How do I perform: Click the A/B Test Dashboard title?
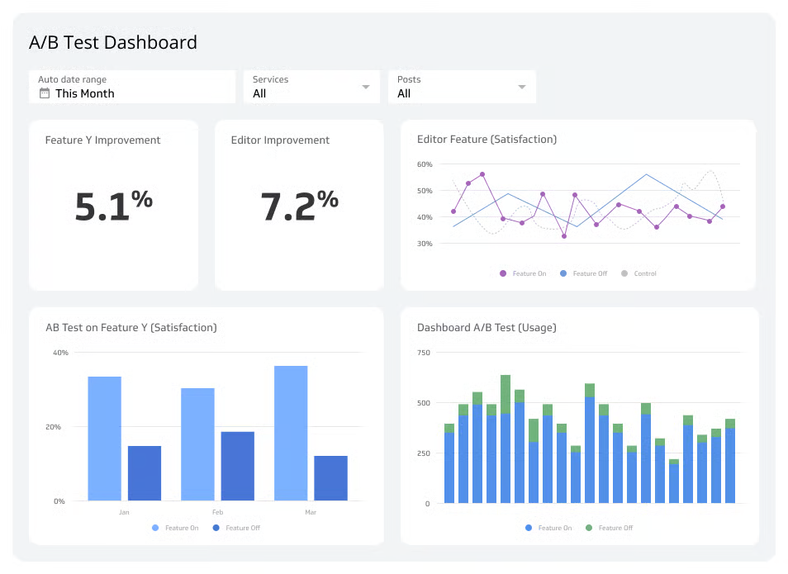point(113,42)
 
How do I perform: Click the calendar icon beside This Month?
point(45,93)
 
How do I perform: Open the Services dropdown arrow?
point(366,87)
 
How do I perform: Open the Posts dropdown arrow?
point(522,87)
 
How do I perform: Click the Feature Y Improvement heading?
point(102,140)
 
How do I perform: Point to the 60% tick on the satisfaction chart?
point(425,164)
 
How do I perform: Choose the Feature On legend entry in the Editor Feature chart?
point(523,273)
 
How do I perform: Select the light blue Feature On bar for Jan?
point(105,438)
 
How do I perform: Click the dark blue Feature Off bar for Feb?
point(237,465)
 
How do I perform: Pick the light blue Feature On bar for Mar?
point(291,433)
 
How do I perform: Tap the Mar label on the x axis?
point(311,512)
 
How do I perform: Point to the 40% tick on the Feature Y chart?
point(60,353)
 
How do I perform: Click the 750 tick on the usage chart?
point(423,353)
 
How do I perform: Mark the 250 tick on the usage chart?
point(423,453)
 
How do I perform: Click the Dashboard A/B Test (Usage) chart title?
point(487,328)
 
